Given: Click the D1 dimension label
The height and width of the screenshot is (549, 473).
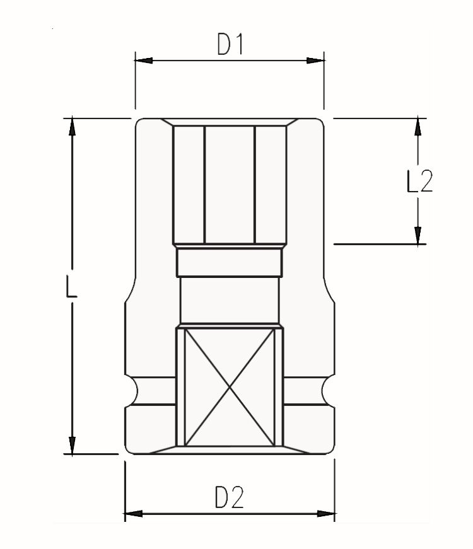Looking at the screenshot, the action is (230, 43).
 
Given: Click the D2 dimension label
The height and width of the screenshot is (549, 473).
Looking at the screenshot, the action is (229, 497).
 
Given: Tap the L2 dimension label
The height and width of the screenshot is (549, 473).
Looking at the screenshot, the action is (419, 181).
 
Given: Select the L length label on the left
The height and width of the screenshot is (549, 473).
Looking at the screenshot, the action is (71, 286).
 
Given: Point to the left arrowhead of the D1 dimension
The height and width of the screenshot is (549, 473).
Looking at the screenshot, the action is (144, 61).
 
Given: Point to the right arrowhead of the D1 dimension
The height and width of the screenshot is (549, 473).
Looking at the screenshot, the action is (315, 61).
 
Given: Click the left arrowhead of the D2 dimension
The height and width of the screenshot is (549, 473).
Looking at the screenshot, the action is (134, 514).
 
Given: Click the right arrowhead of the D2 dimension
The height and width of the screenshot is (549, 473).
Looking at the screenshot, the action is (326, 514).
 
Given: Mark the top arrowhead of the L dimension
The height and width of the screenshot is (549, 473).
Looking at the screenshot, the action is (72, 127).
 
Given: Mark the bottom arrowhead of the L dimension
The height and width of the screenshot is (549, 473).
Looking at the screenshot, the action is (72, 446).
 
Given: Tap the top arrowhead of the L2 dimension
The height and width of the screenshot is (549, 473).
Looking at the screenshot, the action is (418, 127).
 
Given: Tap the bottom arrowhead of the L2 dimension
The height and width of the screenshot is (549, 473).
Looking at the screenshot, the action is (418, 235).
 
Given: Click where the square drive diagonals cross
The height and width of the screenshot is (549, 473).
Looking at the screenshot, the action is (230, 387).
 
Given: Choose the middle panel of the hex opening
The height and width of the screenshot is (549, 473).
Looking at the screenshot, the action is (230, 185).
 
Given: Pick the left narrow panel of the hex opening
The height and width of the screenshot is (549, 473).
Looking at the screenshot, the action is (189, 185).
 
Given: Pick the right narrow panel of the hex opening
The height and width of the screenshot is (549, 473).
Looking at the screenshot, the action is (271, 185).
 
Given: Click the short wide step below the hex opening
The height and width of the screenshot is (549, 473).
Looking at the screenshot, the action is (230, 262).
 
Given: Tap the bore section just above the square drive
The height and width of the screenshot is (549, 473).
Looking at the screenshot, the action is (230, 300).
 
